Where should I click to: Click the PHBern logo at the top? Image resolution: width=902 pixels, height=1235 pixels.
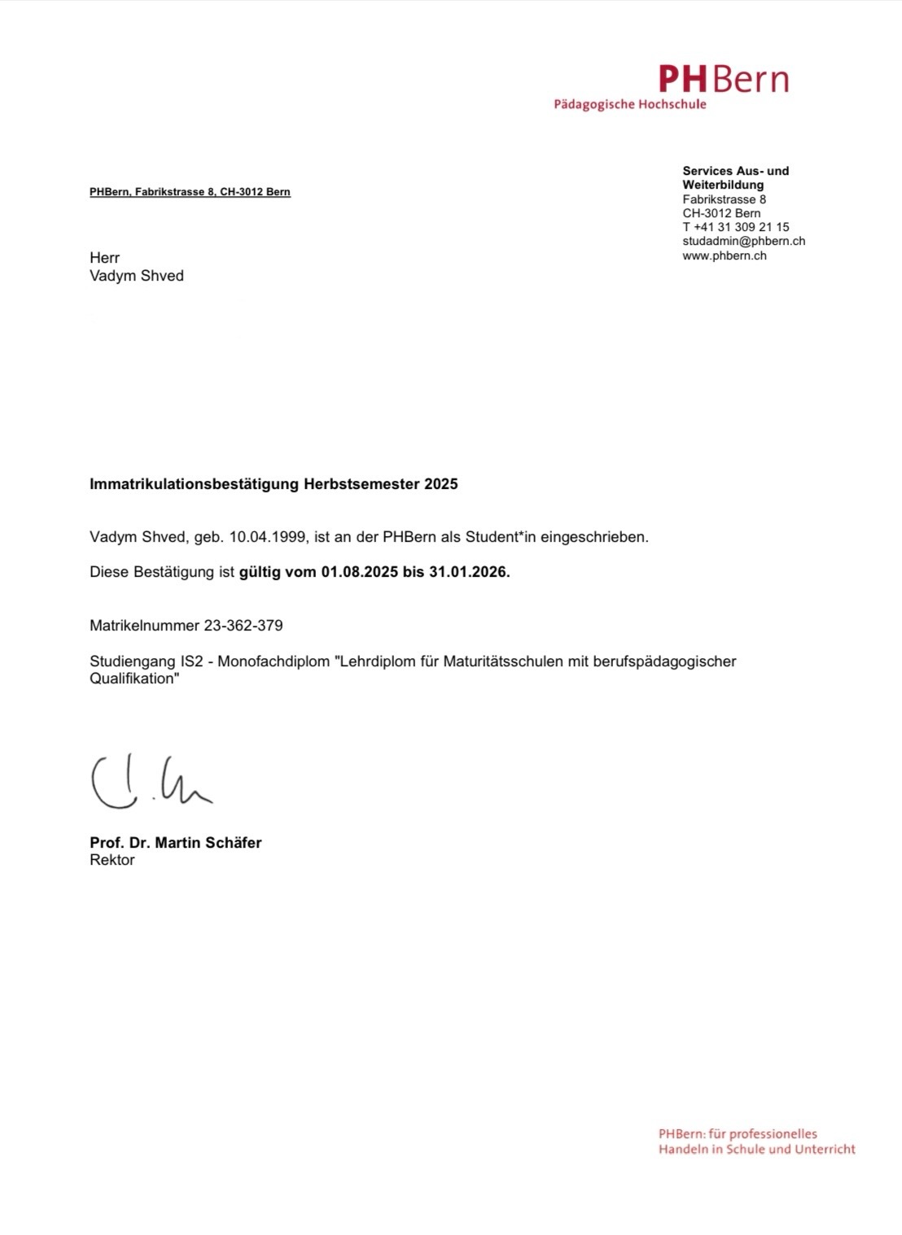[723, 80]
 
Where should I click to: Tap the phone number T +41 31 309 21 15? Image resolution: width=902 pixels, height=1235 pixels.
[736, 227]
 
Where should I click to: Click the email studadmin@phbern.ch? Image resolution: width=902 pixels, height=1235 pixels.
[743, 241]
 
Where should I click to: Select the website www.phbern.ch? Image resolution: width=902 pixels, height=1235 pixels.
[725, 255]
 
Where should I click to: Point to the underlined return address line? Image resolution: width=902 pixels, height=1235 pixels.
[190, 192]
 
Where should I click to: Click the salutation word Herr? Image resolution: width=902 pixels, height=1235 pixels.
[104, 258]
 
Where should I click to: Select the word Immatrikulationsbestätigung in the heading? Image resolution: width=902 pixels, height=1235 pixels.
[194, 484]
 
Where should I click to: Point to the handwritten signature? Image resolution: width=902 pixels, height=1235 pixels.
[151, 783]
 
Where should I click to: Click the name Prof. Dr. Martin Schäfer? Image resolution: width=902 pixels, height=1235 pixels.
[176, 843]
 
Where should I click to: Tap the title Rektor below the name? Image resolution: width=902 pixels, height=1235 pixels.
[112, 860]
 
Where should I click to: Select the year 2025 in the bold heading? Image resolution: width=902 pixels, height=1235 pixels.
[440, 484]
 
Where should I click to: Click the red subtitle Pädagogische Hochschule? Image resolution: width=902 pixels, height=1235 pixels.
[630, 105]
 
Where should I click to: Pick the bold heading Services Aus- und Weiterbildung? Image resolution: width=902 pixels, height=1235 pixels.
[735, 177]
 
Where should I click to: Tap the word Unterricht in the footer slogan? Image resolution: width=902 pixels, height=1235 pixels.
[824, 1150]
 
